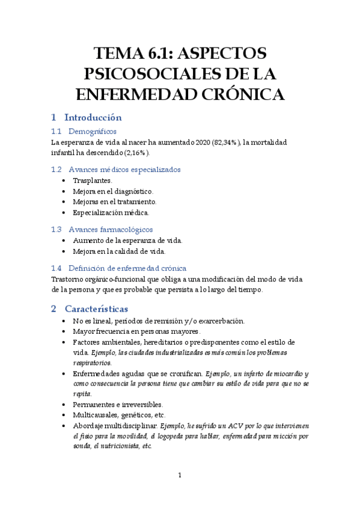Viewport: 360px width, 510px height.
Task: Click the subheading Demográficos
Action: tap(93, 131)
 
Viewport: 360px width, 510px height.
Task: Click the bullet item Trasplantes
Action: tap(92, 180)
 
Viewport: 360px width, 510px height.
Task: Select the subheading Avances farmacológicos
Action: tap(111, 229)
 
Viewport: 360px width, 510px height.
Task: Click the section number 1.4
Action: tap(56, 268)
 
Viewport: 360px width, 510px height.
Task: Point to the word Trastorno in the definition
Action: tap(67, 279)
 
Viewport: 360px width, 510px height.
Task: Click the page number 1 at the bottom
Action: tap(180, 476)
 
